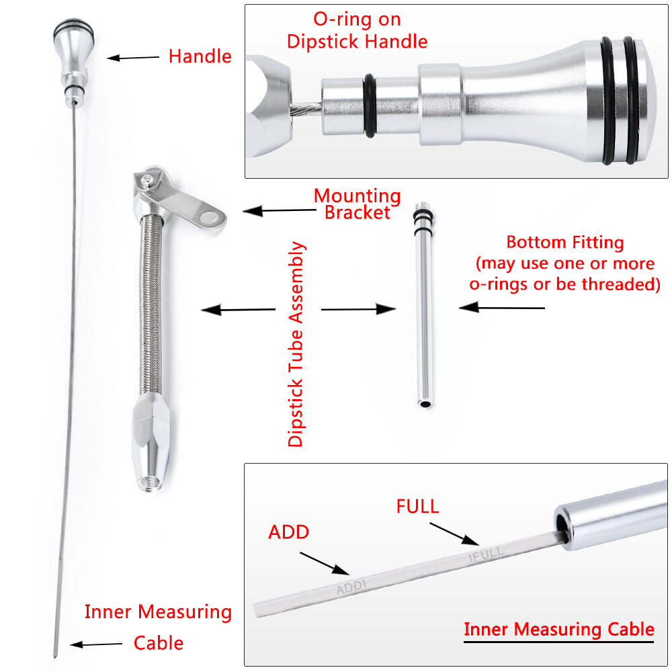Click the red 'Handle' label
click(200, 56)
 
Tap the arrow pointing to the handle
click(133, 57)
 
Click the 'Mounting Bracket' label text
click(357, 204)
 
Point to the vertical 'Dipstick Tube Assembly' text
click(296, 344)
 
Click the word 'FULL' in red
click(417, 506)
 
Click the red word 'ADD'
click(288, 532)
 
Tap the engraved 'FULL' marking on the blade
click(486, 554)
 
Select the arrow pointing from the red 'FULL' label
click(454, 534)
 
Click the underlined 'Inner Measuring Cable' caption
click(559, 629)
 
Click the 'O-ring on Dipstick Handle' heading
click(357, 30)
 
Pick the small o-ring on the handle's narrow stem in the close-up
click(370, 106)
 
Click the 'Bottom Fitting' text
click(565, 242)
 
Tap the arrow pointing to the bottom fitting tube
click(501, 307)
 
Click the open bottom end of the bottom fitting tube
click(425, 404)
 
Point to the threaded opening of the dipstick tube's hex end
click(150, 485)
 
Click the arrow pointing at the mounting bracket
click(279, 210)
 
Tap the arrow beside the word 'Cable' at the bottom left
click(96, 644)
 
